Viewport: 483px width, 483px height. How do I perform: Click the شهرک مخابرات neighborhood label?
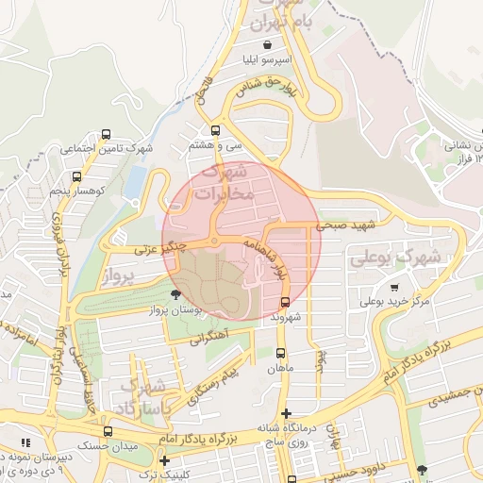224,183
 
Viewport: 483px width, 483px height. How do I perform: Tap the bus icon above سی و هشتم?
216,131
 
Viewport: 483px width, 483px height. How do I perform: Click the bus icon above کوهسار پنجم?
76,176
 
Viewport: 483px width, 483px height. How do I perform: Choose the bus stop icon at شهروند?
285,302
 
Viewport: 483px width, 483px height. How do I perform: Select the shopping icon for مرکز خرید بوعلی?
393,287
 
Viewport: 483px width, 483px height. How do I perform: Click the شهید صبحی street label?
346,225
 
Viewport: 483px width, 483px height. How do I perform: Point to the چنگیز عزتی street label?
158,249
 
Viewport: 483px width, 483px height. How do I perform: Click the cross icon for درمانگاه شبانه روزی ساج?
287,413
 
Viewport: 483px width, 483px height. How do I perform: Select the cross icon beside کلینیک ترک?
165,461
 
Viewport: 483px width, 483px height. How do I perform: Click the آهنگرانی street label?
210,336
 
